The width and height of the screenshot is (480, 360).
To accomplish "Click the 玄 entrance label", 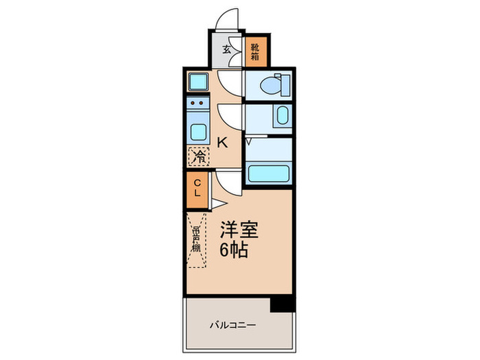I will pyautogui.click(x=226, y=49).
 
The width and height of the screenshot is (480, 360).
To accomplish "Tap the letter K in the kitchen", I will pyautogui.click(x=222, y=143).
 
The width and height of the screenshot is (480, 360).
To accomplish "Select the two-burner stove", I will pyautogui.click(x=197, y=107).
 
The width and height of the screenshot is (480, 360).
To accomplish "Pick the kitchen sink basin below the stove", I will pyautogui.click(x=197, y=131).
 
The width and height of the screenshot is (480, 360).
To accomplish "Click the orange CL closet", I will pyautogui.click(x=197, y=187).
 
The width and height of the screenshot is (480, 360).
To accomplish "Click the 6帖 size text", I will pyautogui.click(x=234, y=250).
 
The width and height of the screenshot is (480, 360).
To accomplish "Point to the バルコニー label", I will pyautogui.click(x=232, y=324).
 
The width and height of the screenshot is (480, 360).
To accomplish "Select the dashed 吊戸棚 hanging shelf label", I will pyautogui.click(x=196, y=239).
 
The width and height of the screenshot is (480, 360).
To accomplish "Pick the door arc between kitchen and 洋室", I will pyautogui.click(x=228, y=182).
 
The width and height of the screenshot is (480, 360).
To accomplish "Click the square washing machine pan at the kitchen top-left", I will pyautogui.click(x=197, y=82).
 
